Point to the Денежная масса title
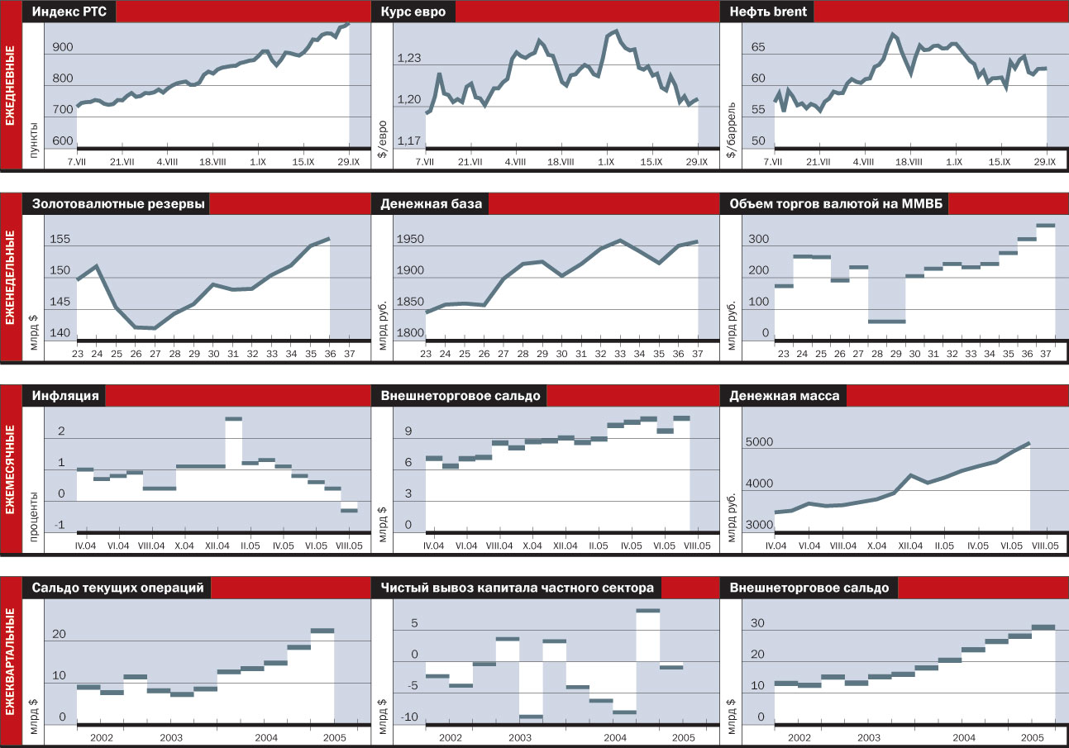784,396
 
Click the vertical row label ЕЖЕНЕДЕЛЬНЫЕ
11,279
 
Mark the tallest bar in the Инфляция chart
234,420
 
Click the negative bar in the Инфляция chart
349,510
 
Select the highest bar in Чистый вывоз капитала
648,611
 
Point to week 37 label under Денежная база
696,354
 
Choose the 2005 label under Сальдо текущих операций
335,737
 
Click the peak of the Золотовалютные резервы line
328,239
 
